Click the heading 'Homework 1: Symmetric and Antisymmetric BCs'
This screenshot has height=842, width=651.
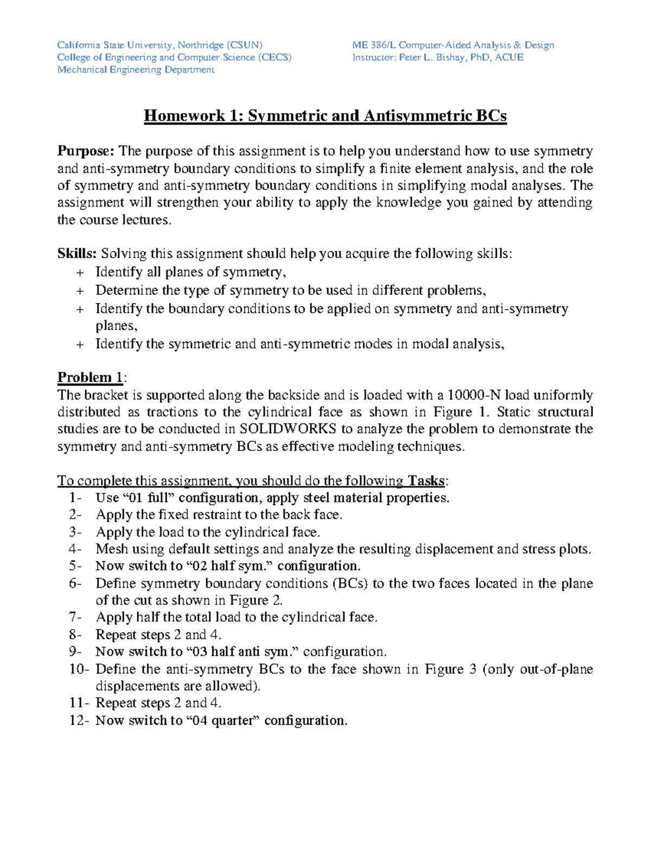[x=325, y=116]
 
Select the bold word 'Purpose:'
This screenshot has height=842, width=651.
[x=86, y=151]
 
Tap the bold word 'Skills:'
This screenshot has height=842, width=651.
[x=77, y=254]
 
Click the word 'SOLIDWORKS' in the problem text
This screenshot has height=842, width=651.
[x=288, y=429]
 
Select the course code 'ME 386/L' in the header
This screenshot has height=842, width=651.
[x=374, y=45]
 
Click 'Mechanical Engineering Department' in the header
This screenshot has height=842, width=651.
[x=136, y=70]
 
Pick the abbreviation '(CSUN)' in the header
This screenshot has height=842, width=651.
[x=244, y=45]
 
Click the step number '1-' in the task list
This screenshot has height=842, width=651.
[x=75, y=498]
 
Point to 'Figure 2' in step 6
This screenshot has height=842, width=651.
[x=256, y=601]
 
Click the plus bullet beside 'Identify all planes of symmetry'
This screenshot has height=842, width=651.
[x=80, y=273]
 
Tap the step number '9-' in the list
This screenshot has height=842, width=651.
[x=75, y=652]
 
